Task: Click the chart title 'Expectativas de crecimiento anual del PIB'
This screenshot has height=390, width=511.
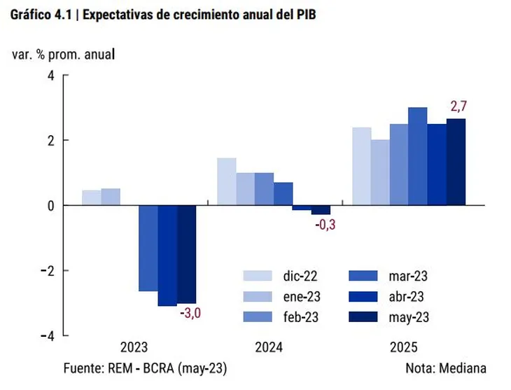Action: coord(199,15)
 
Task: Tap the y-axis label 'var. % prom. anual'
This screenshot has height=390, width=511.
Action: coord(63,54)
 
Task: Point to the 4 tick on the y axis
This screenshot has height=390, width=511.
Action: coord(50,75)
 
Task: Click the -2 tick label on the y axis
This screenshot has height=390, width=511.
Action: coord(47,271)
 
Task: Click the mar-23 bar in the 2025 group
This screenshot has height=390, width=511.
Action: coord(418,156)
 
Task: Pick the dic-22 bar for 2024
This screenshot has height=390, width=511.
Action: coord(226,181)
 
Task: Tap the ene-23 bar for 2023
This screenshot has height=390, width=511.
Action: coord(111,197)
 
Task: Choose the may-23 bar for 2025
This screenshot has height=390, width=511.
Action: coord(456,162)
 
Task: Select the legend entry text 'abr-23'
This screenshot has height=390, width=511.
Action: coord(407,295)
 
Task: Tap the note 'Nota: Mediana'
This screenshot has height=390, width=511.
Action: coord(445,368)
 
